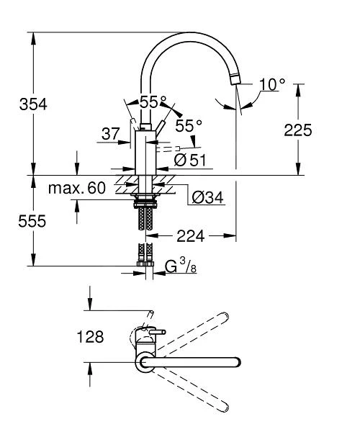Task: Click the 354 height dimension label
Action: tap(32, 104)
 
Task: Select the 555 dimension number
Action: tap(32, 221)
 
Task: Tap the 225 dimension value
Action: tap(297, 130)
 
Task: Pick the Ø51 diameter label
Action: tap(190, 159)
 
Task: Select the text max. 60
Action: tap(77, 189)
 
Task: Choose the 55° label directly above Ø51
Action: tap(189, 125)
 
